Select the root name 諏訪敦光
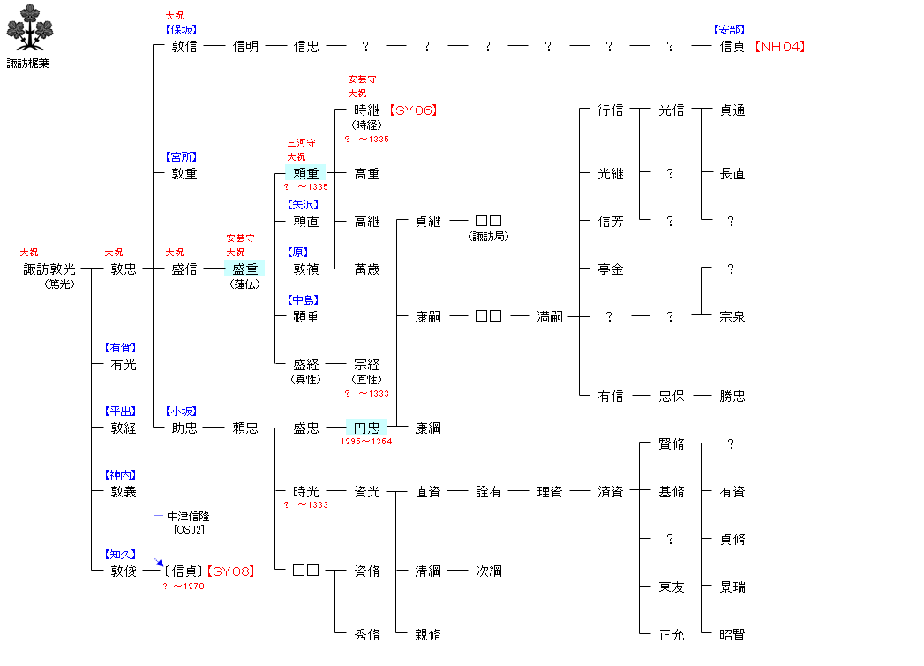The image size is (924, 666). [49, 269]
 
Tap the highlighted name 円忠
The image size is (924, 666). [366, 428]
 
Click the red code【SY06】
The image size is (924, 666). [413, 110]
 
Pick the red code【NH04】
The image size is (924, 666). [780, 47]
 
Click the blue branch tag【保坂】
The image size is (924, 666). [182, 29]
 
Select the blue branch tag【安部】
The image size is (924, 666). [730, 29]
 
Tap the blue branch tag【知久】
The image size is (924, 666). [121, 554]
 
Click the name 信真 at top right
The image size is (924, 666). [732, 47]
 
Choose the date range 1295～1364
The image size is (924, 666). [366, 442]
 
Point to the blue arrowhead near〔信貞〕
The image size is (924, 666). [159, 561]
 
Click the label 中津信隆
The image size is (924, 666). [188, 516]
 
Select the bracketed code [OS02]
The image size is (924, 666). [189, 530]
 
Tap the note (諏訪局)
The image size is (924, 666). [488, 236]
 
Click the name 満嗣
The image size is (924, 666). [550, 316]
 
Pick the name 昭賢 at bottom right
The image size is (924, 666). [732, 634]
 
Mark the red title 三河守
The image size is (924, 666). [301, 142]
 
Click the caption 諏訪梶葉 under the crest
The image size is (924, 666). [27, 64]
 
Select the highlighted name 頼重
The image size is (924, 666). [306, 173]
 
